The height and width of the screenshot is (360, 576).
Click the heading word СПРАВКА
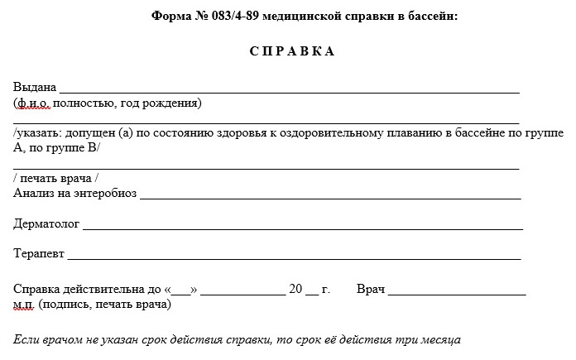[292, 51]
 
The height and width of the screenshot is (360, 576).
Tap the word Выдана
[35, 87]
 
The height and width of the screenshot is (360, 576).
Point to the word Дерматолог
[46, 223]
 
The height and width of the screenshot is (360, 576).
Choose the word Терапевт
[38, 254]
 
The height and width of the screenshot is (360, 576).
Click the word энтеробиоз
[105, 194]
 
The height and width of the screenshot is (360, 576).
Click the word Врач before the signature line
[371, 290]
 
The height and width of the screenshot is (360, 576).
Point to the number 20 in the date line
[295, 290]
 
